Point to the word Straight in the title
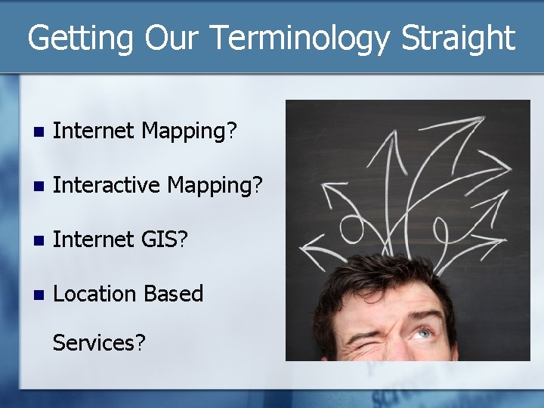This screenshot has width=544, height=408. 459,38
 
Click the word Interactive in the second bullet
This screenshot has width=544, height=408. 107,184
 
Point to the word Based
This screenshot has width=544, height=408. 175,293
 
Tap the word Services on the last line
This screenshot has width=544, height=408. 98,342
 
